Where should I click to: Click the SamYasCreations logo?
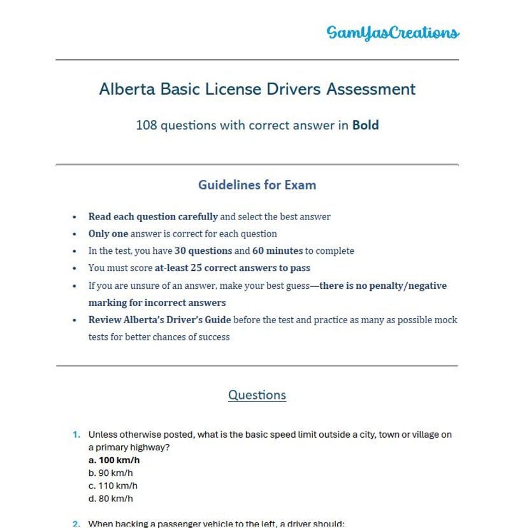click(393, 32)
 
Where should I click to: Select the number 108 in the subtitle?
click(146, 125)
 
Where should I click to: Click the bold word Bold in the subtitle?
click(365, 125)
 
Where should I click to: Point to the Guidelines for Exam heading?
click(257, 185)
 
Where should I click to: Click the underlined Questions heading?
click(257, 395)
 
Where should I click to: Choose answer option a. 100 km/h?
click(114, 460)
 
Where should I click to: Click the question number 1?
click(76, 434)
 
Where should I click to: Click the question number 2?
click(76, 524)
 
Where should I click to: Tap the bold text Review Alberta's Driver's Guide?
click(159, 320)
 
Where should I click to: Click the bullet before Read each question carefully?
click(75, 217)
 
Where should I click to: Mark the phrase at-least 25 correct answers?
click(233, 268)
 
